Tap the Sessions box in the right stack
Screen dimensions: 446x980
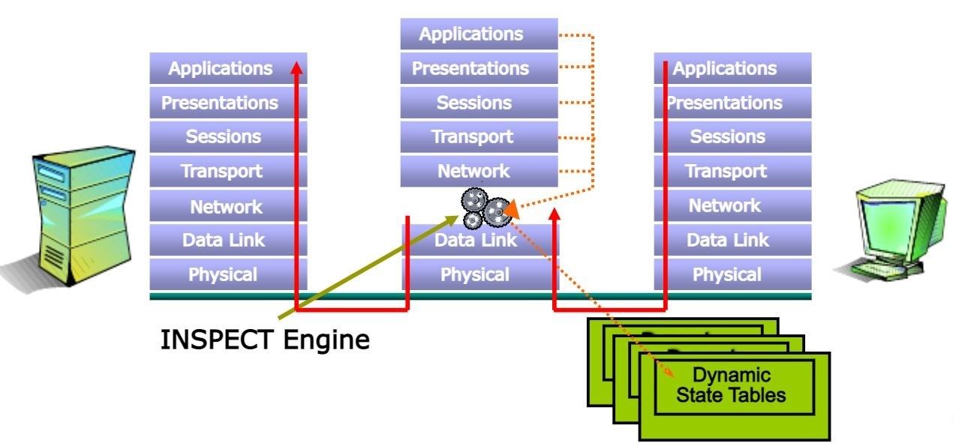click(x=726, y=136)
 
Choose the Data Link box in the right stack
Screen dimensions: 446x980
click(x=726, y=241)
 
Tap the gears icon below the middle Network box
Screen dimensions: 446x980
click(x=483, y=208)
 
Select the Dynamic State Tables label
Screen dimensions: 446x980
click(x=732, y=385)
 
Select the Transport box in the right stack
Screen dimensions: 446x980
click(x=726, y=171)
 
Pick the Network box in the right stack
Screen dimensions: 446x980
click(x=726, y=206)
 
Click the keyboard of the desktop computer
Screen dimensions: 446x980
click(x=882, y=265)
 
